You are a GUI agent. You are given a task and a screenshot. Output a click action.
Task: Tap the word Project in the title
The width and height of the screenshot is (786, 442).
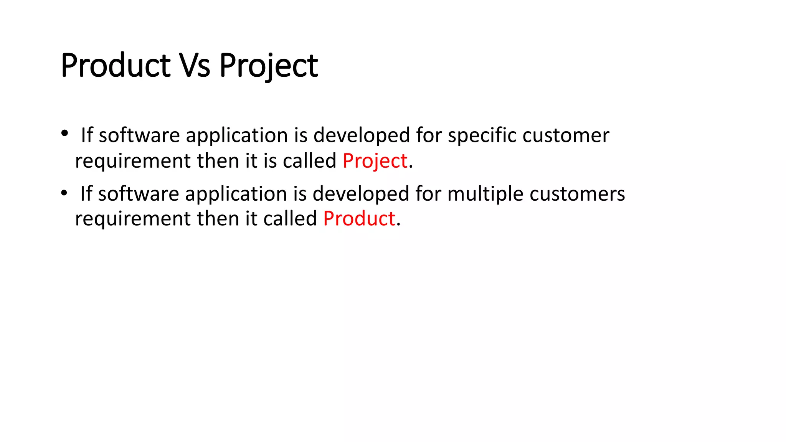(x=268, y=66)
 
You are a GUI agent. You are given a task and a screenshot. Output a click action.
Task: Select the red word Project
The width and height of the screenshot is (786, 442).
(x=375, y=161)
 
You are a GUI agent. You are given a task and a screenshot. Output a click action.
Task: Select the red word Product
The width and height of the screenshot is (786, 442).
(x=359, y=219)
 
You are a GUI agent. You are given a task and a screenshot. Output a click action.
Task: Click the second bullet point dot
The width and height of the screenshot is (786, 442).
(x=64, y=193)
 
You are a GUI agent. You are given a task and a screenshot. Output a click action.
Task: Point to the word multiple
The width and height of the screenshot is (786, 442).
(x=485, y=194)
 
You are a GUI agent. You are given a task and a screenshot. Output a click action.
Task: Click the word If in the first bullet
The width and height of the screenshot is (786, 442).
(x=87, y=135)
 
